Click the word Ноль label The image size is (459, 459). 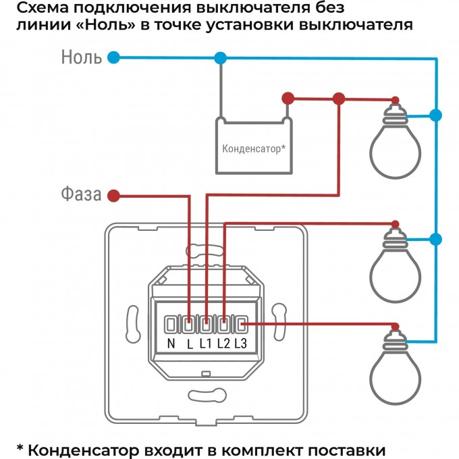[x=82, y=57]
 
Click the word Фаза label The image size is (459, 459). [x=80, y=196]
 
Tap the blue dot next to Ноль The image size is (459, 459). [x=114, y=58]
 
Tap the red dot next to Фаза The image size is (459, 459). [x=114, y=196]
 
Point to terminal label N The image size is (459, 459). [x=171, y=344]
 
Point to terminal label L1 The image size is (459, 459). [x=207, y=344]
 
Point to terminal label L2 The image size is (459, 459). [x=224, y=344]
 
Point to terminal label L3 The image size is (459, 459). [x=242, y=344]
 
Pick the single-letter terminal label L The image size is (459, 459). [x=190, y=344]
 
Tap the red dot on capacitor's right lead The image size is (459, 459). [x=288, y=99]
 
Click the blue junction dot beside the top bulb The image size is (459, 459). [x=436, y=115]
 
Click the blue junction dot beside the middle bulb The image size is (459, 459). [x=436, y=238]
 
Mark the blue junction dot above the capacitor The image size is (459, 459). [x=219, y=58]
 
